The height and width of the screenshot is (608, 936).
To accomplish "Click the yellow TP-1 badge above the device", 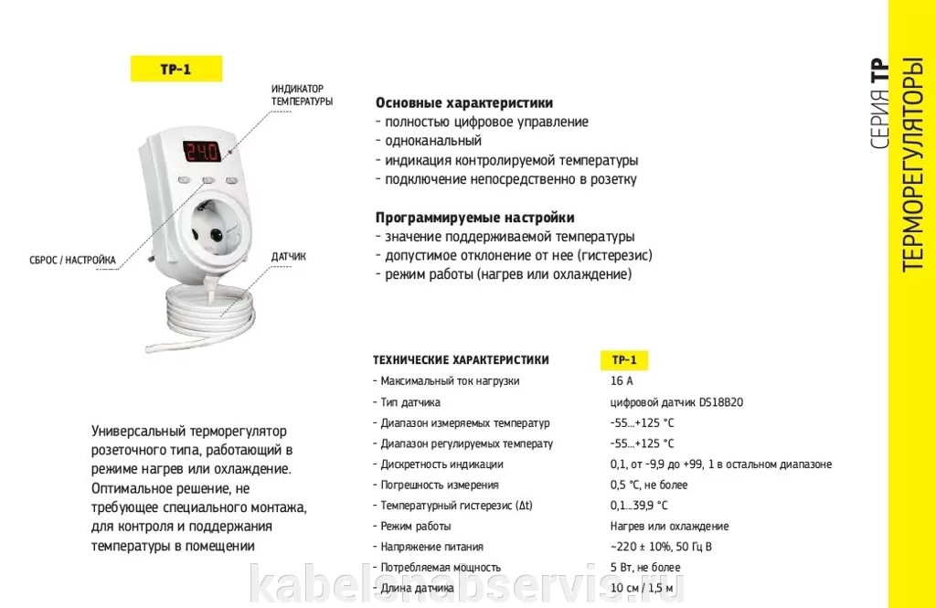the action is tap(176, 69).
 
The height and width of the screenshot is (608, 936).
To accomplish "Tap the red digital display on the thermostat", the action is tap(202, 151).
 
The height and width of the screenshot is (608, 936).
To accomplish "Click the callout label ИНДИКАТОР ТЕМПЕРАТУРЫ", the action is tap(302, 95).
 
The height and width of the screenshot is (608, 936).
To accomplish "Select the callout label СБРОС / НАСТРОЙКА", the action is tap(73, 260).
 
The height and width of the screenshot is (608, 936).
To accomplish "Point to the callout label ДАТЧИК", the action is tap(288, 256).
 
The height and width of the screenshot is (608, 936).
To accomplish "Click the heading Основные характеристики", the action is tap(464, 102).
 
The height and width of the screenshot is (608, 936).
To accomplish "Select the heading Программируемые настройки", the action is tap(475, 218).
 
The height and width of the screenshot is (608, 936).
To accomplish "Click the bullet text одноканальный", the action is tap(432, 141).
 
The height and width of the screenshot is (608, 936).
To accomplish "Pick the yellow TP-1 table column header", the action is tap(624, 360).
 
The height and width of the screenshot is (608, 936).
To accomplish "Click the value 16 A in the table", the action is tap(622, 381).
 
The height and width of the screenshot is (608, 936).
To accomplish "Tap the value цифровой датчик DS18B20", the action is tap(676, 402).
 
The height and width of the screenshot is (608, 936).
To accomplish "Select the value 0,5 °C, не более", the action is tap(649, 485).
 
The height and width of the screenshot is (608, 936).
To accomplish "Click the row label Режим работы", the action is tap(416, 527).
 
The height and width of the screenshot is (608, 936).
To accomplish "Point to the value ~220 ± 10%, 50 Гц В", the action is tap(661, 547).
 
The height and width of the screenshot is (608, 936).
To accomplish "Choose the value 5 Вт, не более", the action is tap(645, 568).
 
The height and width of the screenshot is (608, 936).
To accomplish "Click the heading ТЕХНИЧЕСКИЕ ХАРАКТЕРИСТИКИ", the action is tap(461, 360).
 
